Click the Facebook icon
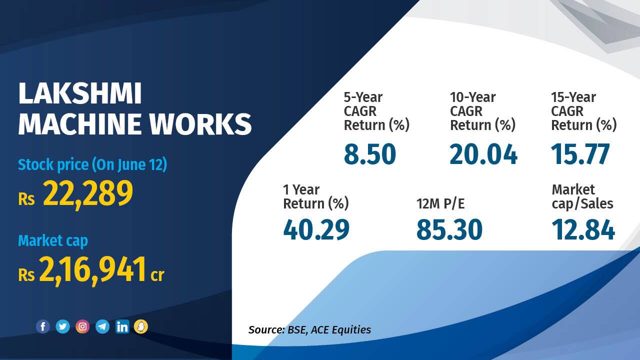coord(43,327)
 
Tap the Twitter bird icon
coord(62,327)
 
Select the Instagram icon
coord(82,327)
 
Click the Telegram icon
coord(102,327)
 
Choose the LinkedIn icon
coord(122,327)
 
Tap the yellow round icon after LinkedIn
coord(141,327)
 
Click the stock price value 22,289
coord(88,193)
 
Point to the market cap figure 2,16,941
coord(92,269)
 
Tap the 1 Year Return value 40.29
coord(316,230)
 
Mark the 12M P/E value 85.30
coord(449,230)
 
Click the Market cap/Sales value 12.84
coord(583,230)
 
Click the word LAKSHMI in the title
coord(80,94)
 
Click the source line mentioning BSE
coord(309,329)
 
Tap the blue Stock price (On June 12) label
coord(92,164)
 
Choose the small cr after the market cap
coord(157,274)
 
